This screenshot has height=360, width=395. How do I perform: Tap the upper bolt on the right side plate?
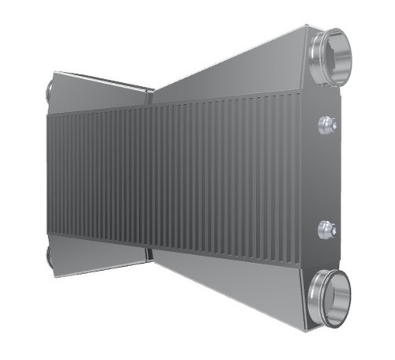coord(325,124)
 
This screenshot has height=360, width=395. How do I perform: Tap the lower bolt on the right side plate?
coord(325,230)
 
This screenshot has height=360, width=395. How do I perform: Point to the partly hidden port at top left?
coord(50,89)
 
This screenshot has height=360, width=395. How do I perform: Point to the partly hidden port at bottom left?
coord(50,257)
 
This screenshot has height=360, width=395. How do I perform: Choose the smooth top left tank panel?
coord(99,93)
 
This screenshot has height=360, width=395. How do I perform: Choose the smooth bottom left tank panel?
coord(99,254)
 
